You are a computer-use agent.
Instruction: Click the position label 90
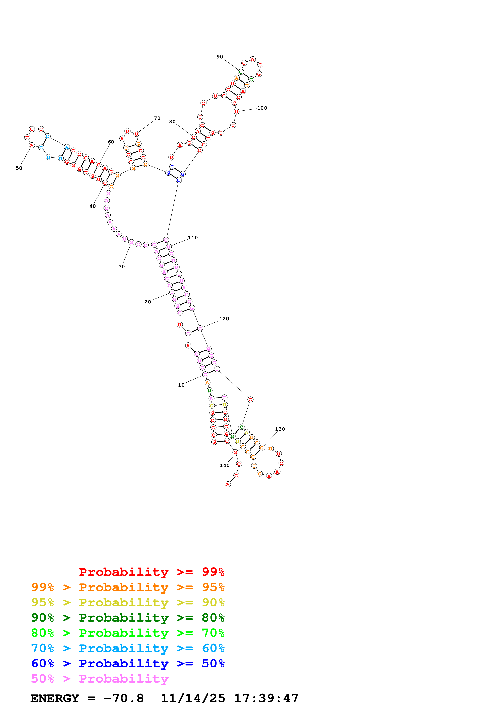point(220,57)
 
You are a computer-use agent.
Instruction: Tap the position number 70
point(157,118)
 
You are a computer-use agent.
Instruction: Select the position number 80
point(172,122)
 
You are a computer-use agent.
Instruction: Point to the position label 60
point(111,142)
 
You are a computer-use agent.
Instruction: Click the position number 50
point(19,168)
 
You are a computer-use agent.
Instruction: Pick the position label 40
point(93,206)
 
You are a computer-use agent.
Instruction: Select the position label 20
point(148,302)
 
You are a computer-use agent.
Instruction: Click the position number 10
point(181,385)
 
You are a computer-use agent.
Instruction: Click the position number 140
point(224,465)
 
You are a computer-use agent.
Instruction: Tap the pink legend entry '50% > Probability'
point(100,679)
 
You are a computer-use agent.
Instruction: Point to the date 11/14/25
point(193,698)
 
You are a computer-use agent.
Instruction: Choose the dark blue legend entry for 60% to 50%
point(128,664)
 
